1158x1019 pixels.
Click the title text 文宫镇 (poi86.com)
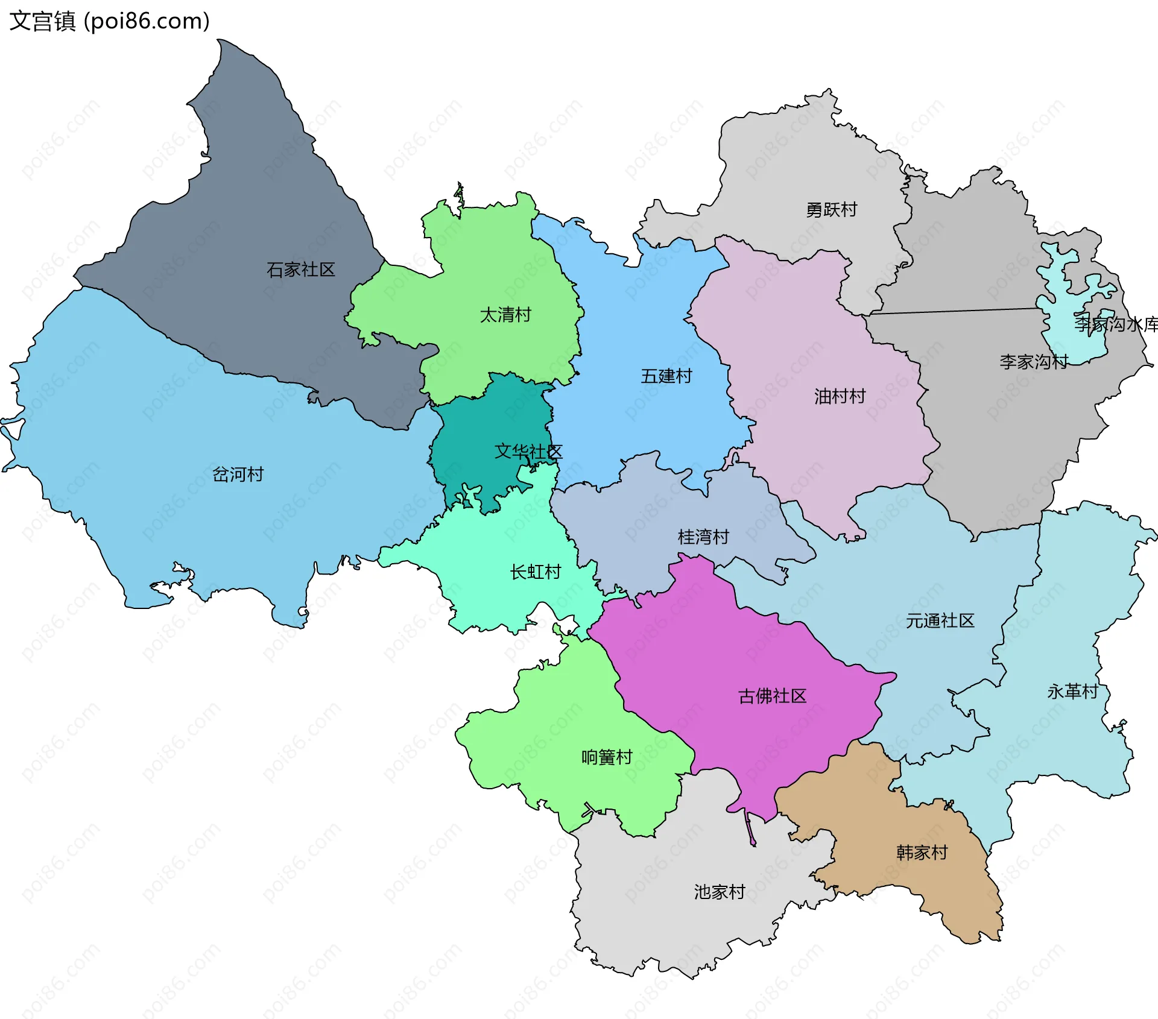(x=109, y=21)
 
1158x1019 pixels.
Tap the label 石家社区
(x=300, y=270)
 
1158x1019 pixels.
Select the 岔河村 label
(x=238, y=475)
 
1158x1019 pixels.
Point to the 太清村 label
(x=505, y=315)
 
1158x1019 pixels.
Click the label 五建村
(x=666, y=376)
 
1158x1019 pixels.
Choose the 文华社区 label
(x=528, y=452)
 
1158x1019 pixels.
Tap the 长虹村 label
(x=535, y=572)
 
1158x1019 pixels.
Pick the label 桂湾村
(x=703, y=537)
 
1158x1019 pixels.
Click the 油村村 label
(x=840, y=396)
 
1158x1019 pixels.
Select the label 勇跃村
(x=831, y=210)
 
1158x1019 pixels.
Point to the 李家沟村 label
(x=1033, y=362)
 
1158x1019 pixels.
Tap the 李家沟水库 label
(x=1116, y=324)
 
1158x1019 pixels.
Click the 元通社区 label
(x=940, y=621)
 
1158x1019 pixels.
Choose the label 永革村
(x=1072, y=692)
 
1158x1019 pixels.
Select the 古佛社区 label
(x=772, y=696)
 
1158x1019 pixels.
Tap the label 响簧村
(x=606, y=757)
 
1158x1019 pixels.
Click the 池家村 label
(x=719, y=892)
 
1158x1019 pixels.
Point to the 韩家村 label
(x=922, y=853)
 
